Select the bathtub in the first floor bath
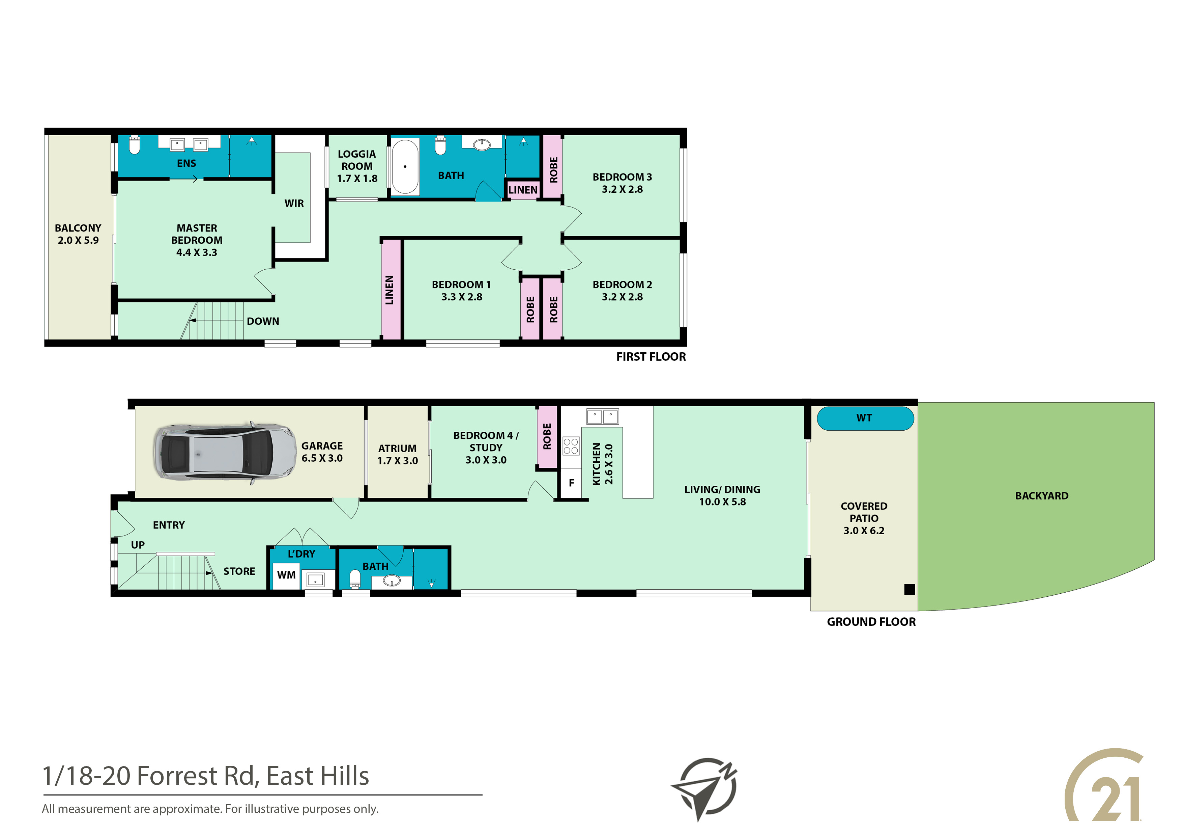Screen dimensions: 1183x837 [x=405, y=167]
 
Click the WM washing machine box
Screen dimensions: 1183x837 [x=286, y=575]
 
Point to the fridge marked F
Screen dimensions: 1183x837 [x=571, y=483]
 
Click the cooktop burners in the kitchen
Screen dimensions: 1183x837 [x=571, y=446]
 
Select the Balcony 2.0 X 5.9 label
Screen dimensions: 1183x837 [x=78, y=234]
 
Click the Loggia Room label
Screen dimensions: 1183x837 [x=357, y=166]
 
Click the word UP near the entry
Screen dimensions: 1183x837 [x=138, y=545]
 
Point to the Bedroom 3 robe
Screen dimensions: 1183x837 [x=553, y=167]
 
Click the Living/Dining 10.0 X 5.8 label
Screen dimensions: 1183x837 [x=722, y=495]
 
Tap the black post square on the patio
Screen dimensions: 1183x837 [x=910, y=590]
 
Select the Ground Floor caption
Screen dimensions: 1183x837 [x=871, y=622]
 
